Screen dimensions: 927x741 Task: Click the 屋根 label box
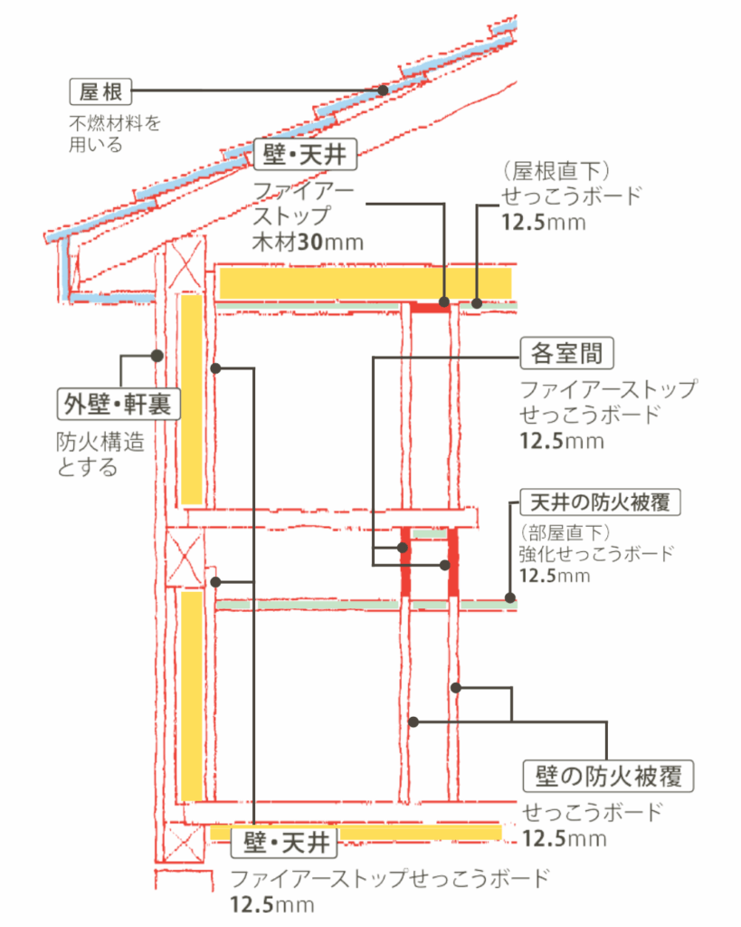click(x=101, y=91)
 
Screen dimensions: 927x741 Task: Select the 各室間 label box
click(x=568, y=353)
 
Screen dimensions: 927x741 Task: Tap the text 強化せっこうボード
click(x=596, y=553)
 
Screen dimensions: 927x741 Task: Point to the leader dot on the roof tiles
click(x=384, y=91)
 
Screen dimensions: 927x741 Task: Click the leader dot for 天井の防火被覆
click(x=510, y=598)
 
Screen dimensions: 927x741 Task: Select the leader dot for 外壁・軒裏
click(x=157, y=356)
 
